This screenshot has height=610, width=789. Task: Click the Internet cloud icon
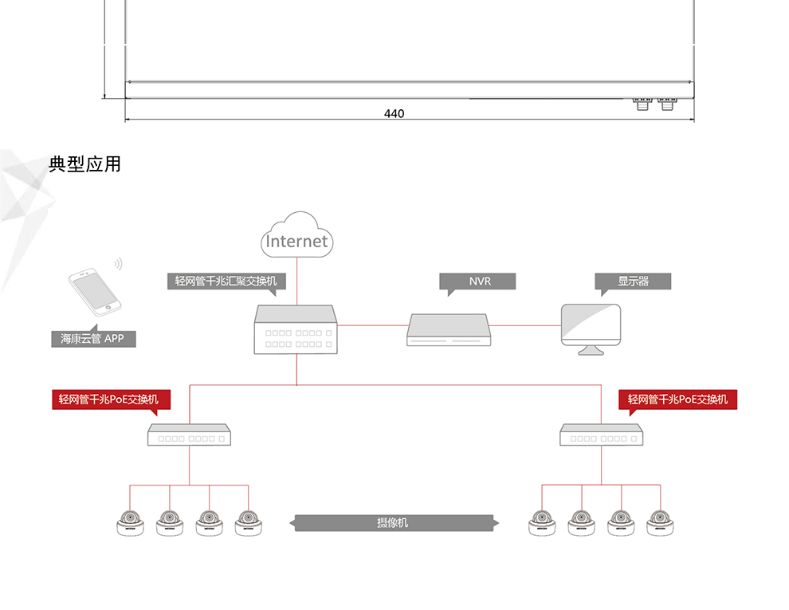(x=297, y=234)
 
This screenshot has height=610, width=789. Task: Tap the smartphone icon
(x=95, y=292)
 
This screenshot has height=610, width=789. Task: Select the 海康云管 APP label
(x=93, y=338)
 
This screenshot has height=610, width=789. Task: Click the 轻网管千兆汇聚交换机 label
(x=226, y=281)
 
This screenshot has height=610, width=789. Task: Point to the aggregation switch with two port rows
(x=296, y=329)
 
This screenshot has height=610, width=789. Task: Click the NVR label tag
(x=477, y=281)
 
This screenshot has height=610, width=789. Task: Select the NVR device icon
(x=449, y=329)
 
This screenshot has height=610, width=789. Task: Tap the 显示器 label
(x=633, y=281)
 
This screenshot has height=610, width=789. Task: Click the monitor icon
(x=591, y=329)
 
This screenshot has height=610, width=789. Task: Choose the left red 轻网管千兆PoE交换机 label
(x=112, y=399)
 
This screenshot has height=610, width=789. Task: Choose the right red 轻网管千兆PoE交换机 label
(x=677, y=399)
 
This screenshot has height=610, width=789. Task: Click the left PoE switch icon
(x=189, y=435)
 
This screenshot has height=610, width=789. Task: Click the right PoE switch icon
(x=601, y=435)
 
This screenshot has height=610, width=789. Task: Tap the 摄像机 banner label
(x=394, y=523)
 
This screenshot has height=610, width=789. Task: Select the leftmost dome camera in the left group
(x=131, y=523)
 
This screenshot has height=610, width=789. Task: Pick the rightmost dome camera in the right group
(x=660, y=523)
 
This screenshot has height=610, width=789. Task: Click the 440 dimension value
(x=394, y=113)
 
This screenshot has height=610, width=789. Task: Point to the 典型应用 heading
(x=84, y=164)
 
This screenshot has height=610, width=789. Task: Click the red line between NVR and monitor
(x=524, y=325)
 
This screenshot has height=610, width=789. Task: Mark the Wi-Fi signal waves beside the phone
(x=118, y=264)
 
